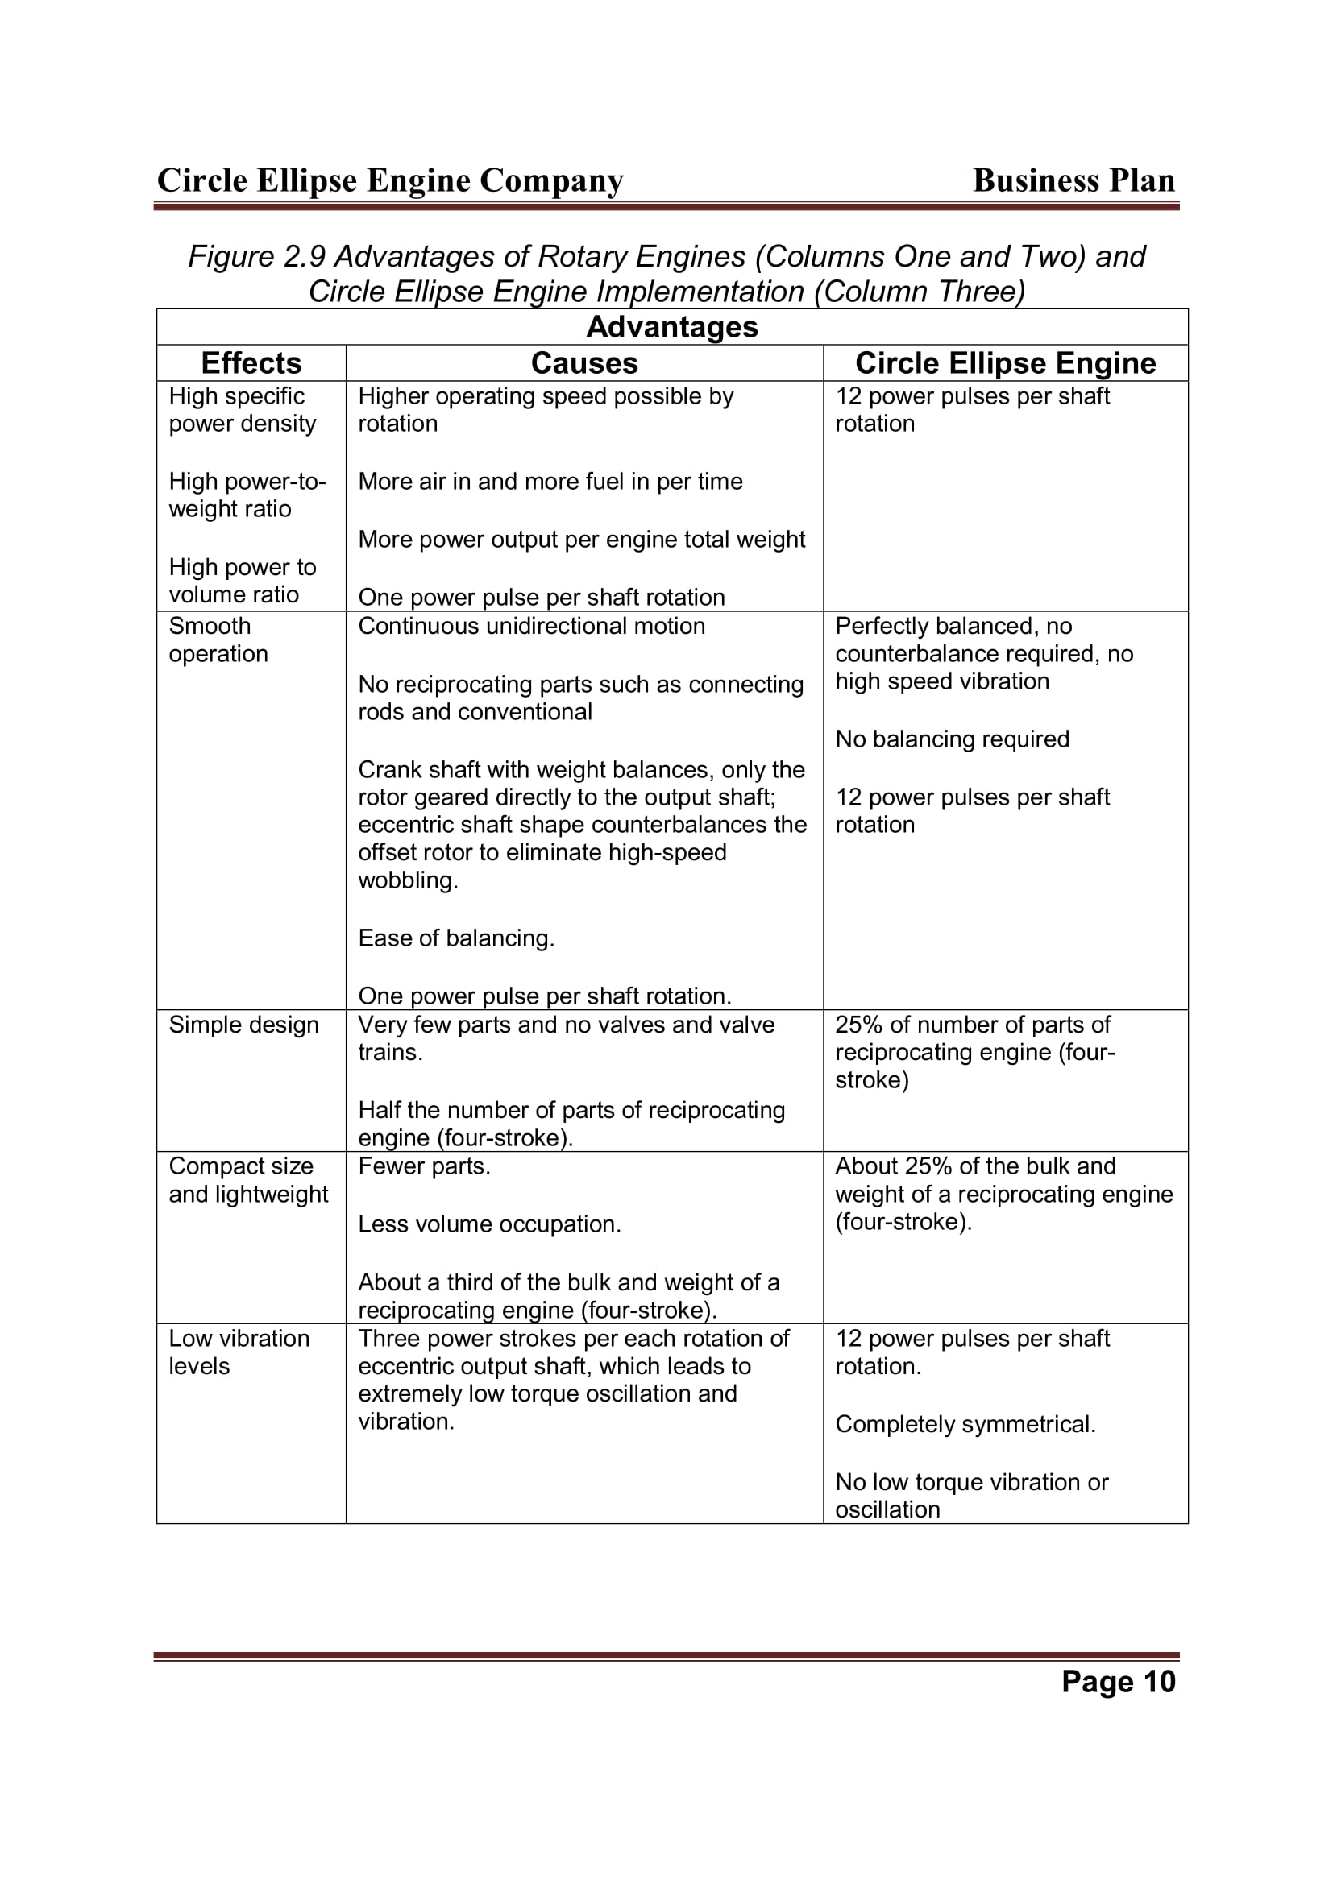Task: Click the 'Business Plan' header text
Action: (1073, 180)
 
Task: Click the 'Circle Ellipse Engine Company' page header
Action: (390, 180)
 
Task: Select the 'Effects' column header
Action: (251, 362)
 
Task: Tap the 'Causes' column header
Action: (583, 362)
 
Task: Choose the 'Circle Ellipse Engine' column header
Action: (1005, 362)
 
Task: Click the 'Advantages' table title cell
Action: (671, 326)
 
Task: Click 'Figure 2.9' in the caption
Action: (257, 257)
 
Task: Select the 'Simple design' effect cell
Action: (243, 1025)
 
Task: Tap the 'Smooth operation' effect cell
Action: (218, 640)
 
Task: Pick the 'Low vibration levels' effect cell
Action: (239, 1352)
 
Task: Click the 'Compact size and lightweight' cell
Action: (249, 1180)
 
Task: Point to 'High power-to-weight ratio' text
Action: (247, 495)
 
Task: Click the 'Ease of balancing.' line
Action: (456, 938)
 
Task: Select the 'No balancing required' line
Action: (952, 739)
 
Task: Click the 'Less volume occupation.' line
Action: (489, 1224)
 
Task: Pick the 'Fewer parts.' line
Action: (425, 1166)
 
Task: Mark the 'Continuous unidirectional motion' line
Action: (531, 626)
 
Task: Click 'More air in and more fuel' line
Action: (550, 482)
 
